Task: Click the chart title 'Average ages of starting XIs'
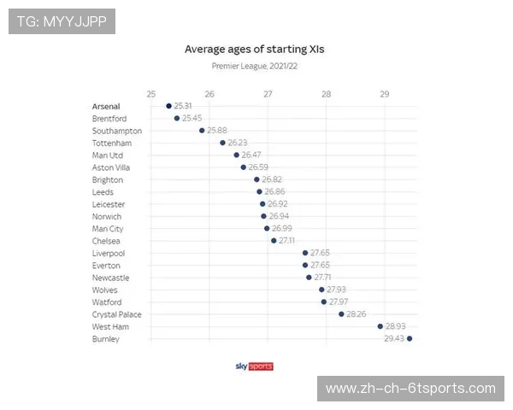[255, 50]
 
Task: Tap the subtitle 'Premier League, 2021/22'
[255, 66]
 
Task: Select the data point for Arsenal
[168, 106]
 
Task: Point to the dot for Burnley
[410, 339]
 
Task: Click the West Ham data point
[380, 326]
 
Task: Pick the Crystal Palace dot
[341, 314]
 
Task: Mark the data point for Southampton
[202, 131]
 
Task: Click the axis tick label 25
[151, 93]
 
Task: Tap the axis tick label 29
[384, 93]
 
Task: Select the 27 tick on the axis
[268, 93]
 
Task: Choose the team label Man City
[108, 229]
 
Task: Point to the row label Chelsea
[106, 241]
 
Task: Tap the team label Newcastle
[110, 278]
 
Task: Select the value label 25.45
[192, 119]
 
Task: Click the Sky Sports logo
[255, 366]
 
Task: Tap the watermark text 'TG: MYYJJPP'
[62, 21]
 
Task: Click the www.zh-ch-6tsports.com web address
[410, 389]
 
